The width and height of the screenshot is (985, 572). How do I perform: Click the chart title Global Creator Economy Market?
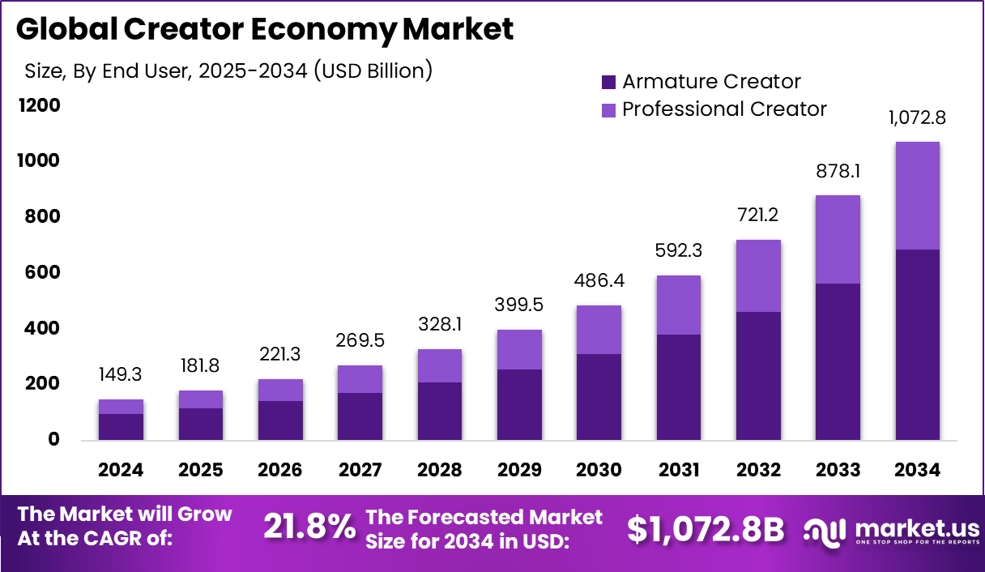[x=264, y=29]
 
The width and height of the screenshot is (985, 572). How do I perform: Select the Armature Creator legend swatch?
[x=609, y=82]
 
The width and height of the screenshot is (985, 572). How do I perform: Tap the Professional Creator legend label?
[x=724, y=109]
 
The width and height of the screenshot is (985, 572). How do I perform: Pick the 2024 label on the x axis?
[x=121, y=471]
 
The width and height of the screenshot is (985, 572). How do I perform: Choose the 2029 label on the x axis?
[x=519, y=471]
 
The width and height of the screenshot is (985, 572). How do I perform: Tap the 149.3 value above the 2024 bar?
[x=121, y=376]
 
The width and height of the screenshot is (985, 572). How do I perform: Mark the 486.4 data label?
[x=599, y=281]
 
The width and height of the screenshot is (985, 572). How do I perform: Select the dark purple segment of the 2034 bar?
[x=917, y=344]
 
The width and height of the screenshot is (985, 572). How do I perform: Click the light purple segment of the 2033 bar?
[x=838, y=239]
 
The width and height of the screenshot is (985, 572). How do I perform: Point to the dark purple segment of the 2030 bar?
[x=599, y=397]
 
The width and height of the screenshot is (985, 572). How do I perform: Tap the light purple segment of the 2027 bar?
[x=360, y=379]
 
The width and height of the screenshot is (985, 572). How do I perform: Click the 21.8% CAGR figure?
[x=309, y=527]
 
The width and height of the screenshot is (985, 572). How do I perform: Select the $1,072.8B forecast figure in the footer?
[x=706, y=529]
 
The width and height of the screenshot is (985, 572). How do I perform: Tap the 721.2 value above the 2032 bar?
[x=758, y=216]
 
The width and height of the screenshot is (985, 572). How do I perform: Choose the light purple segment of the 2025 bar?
[x=200, y=399]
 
